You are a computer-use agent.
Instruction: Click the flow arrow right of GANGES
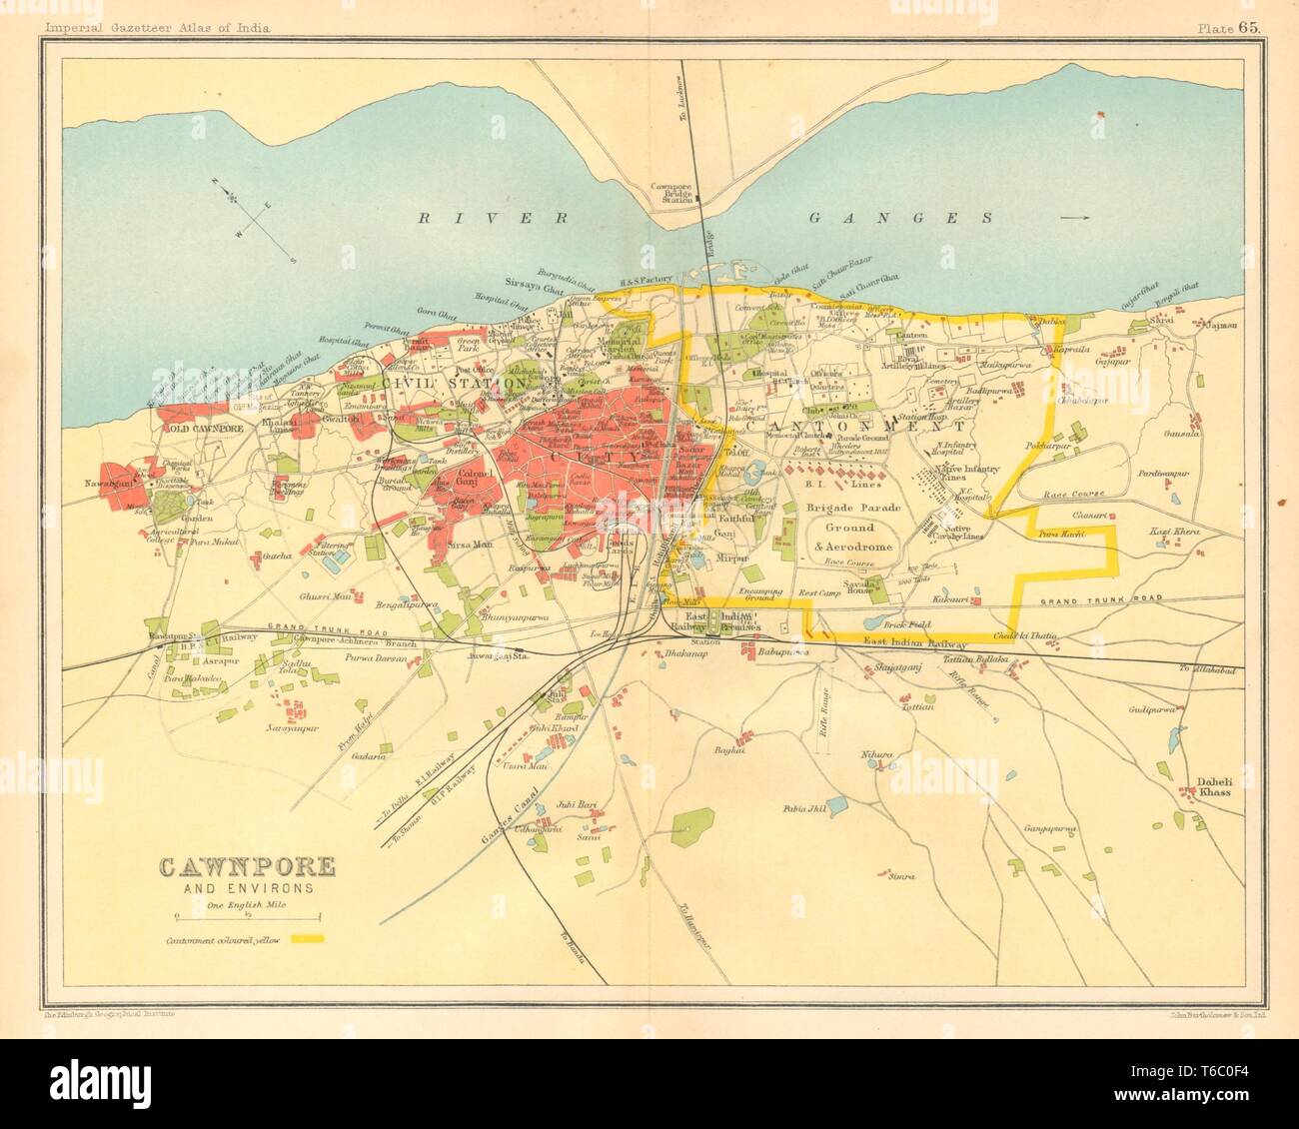(1074, 216)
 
